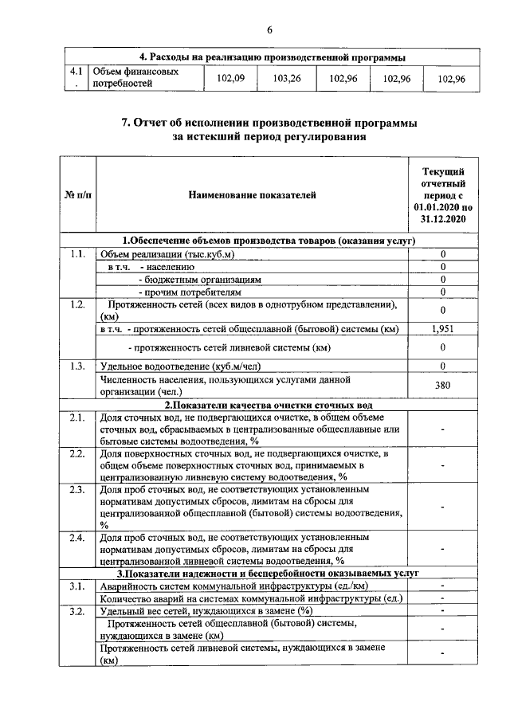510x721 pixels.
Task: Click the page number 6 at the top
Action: click(269, 29)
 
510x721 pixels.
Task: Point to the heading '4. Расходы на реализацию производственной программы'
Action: click(273, 57)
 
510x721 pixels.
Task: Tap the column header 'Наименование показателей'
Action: click(253, 194)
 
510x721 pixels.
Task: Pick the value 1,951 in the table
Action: click(443, 328)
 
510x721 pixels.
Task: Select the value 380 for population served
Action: click(443, 386)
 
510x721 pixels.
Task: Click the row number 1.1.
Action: click(77, 254)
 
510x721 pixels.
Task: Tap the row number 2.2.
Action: click(77, 454)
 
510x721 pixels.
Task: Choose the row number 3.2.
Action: click(77, 611)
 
